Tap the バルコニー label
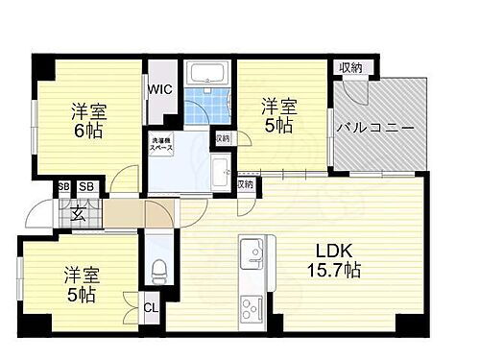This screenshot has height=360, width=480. (x=373, y=127)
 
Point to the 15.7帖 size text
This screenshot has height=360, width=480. (x=333, y=272)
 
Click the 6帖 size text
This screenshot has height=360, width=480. (x=85, y=130)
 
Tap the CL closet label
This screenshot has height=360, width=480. (x=153, y=308)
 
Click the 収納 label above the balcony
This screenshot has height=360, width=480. (x=349, y=67)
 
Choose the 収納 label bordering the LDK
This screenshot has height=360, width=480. (x=245, y=183)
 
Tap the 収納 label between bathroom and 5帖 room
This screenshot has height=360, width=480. (x=223, y=139)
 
